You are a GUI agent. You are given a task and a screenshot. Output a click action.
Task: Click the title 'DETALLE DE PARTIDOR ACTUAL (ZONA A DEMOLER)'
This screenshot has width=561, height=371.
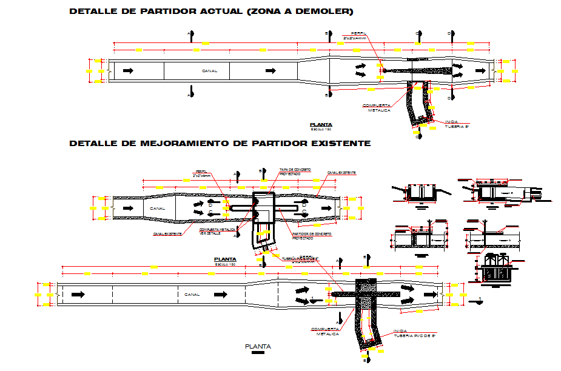pyautogui.click(x=210, y=12)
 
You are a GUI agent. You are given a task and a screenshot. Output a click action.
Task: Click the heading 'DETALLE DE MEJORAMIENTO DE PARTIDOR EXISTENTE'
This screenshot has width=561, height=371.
pyautogui.click(x=220, y=144)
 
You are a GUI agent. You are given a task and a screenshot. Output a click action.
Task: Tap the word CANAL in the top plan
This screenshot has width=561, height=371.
pyautogui.click(x=209, y=71)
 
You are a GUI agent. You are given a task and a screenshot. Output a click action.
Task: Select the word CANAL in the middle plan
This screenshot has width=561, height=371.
pyautogui.click(x=157, y=208)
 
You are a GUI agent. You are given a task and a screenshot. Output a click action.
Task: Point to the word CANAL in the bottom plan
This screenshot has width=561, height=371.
pyautogui.click(x=192, y=294)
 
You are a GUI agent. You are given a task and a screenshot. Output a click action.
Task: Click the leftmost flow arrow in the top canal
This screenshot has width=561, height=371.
pyautogui.click(x=128, y=71)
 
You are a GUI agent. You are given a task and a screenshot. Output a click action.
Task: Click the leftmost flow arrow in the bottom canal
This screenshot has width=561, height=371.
pyautogui.click(x=78, y=294)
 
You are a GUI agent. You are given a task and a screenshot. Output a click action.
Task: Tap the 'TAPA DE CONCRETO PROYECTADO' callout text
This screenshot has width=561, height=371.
pyautogui.click(x=295, y=172)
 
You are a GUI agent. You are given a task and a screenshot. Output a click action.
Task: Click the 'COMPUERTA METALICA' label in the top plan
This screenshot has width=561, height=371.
pyautogui.click(x=375, y=107)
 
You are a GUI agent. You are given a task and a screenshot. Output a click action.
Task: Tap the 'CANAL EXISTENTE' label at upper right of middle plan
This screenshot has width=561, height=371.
pyautogui.click(x=341, y=173)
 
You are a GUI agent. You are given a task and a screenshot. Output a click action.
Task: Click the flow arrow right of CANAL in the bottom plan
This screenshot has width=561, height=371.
pyautogui.click(x=221, y=294)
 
